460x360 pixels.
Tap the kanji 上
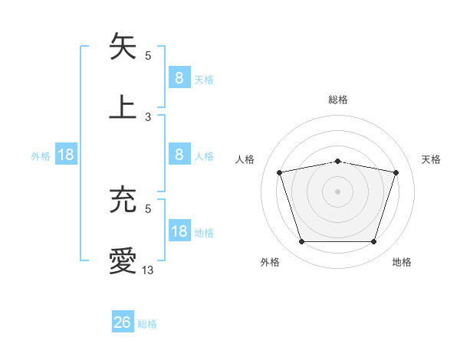click(x=123, y=106)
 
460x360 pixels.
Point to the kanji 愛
click(x=123, y=261)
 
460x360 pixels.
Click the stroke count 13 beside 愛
click(x=148, y=270)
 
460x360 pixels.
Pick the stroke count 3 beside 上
click(x=148, y=116)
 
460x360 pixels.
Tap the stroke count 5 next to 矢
click(x=148, y=55)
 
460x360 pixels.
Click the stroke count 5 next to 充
click(x=148, y=208)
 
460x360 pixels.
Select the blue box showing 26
click(x=123, y=322)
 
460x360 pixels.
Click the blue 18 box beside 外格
click(x=66, y=155)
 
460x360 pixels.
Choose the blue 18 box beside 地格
click(x=179, y=231)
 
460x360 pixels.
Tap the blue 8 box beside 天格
click(x=179, y=77)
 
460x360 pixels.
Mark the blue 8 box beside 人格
click(x=179, y=155)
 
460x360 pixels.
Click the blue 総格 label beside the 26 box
click(x=147, y=324)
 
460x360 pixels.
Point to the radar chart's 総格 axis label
click(x=337, y=100)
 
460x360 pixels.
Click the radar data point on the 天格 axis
click(x=396, y=172)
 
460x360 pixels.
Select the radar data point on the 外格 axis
click(x=301, y=242)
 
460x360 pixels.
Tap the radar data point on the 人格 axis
click(x=279, y=172)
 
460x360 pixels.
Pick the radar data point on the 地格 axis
click(x=373, y=242)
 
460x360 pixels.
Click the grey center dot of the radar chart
click(x=337, y=191)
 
